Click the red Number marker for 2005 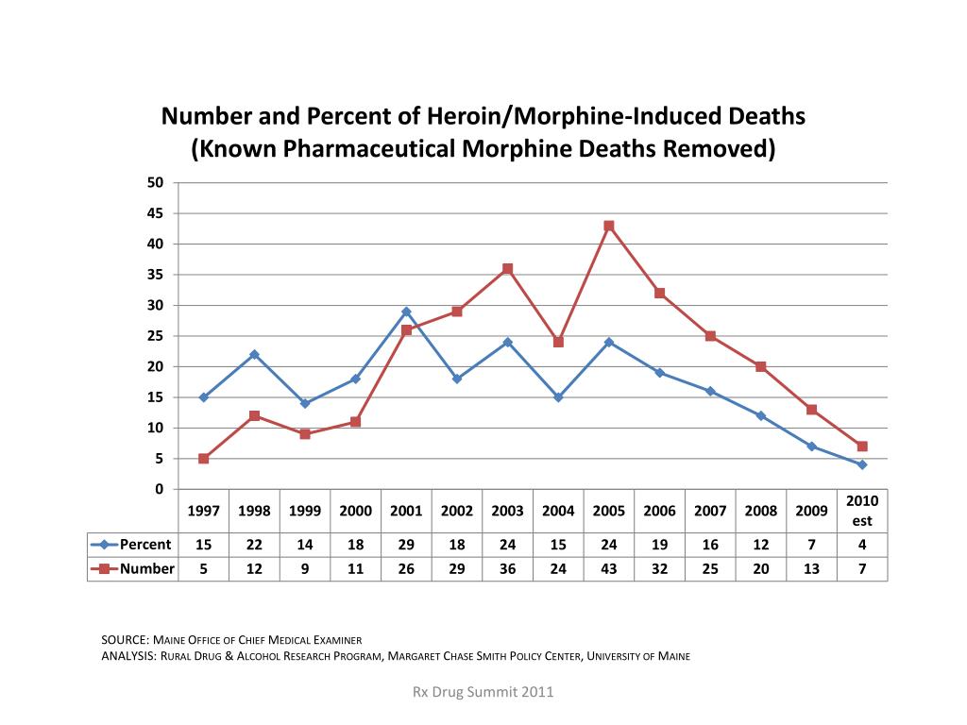[x=609, y=226]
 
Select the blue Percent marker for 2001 [x=406, y=312]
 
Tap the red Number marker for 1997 [x=203, y=459]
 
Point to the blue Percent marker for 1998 [x=254, y=354]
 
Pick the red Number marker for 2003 [x=507, y=269]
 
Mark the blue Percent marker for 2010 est [x=862, y=464]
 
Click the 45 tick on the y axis [x=156, y=213]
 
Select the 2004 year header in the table [x=558, y=511]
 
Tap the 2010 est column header [x=862, y=511]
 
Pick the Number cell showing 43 [x=609, y=568]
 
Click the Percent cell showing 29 [x=406, y=545]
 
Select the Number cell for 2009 [x=811, y=568]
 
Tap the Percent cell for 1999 [x=305, y=545]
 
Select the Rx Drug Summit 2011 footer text [x=483, y=693]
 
